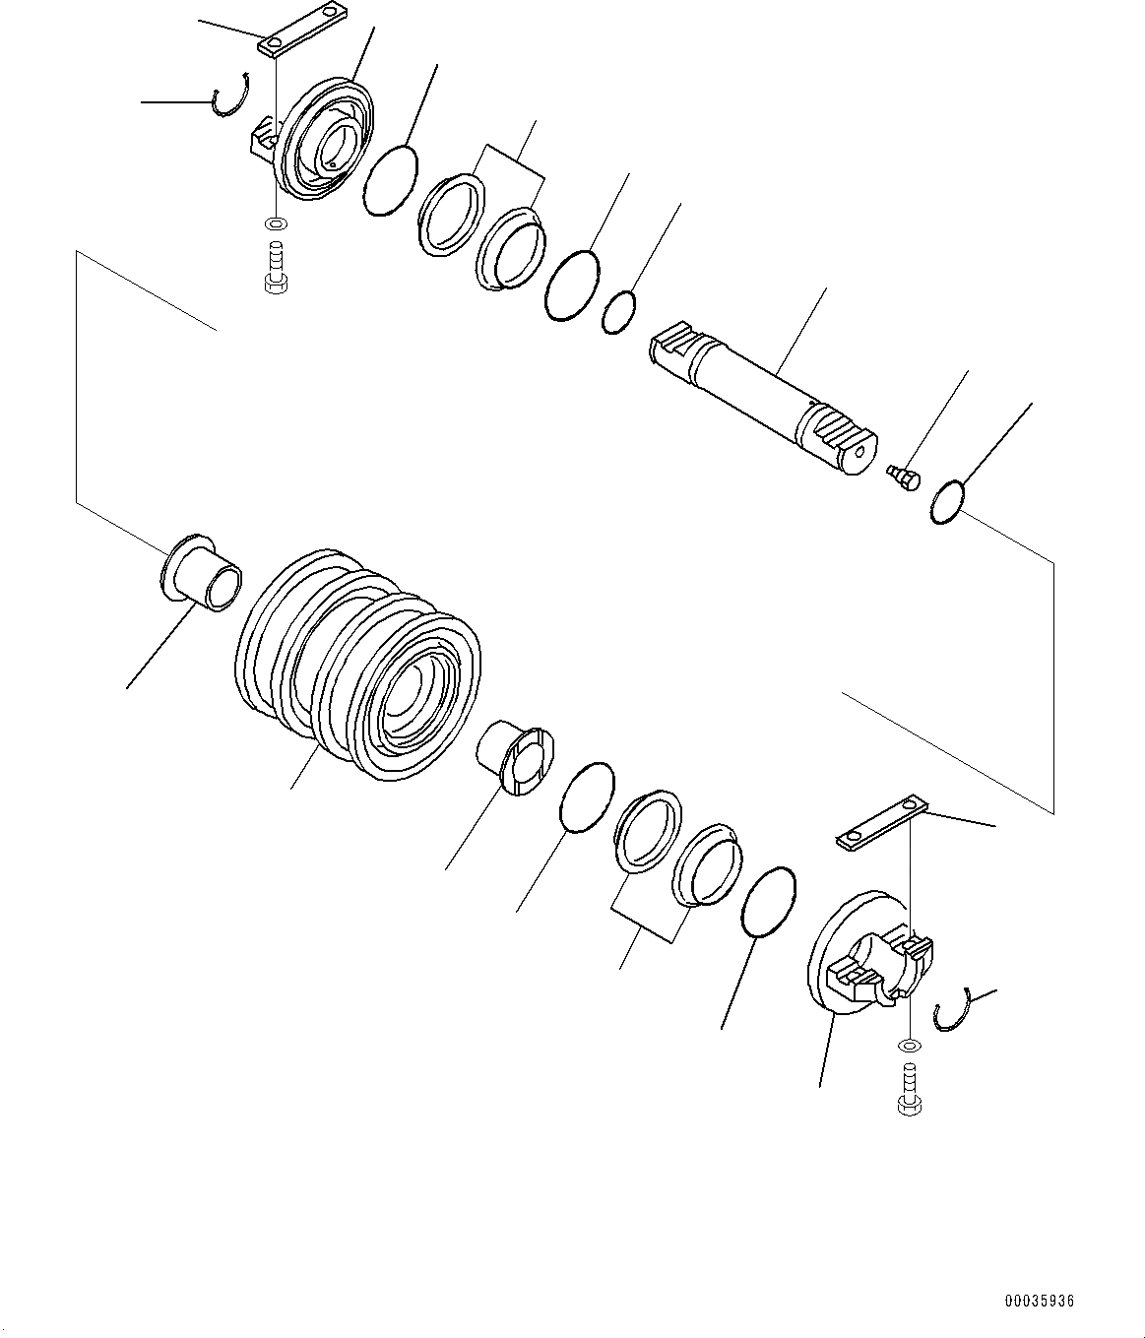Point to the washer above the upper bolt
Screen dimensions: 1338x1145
tap(277, 223)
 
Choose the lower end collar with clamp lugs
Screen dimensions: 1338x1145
tap(866, 955)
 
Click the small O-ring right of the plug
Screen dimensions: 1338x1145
tap(947, 501)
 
